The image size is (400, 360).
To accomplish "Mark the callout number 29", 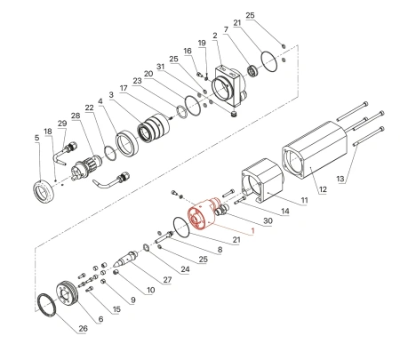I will coord(61,124).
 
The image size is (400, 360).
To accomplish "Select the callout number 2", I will coord(215,36).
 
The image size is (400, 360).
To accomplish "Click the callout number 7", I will coord(226,28).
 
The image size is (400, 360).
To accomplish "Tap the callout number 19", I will coord(202,43).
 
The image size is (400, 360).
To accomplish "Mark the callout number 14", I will coord(284,212).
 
